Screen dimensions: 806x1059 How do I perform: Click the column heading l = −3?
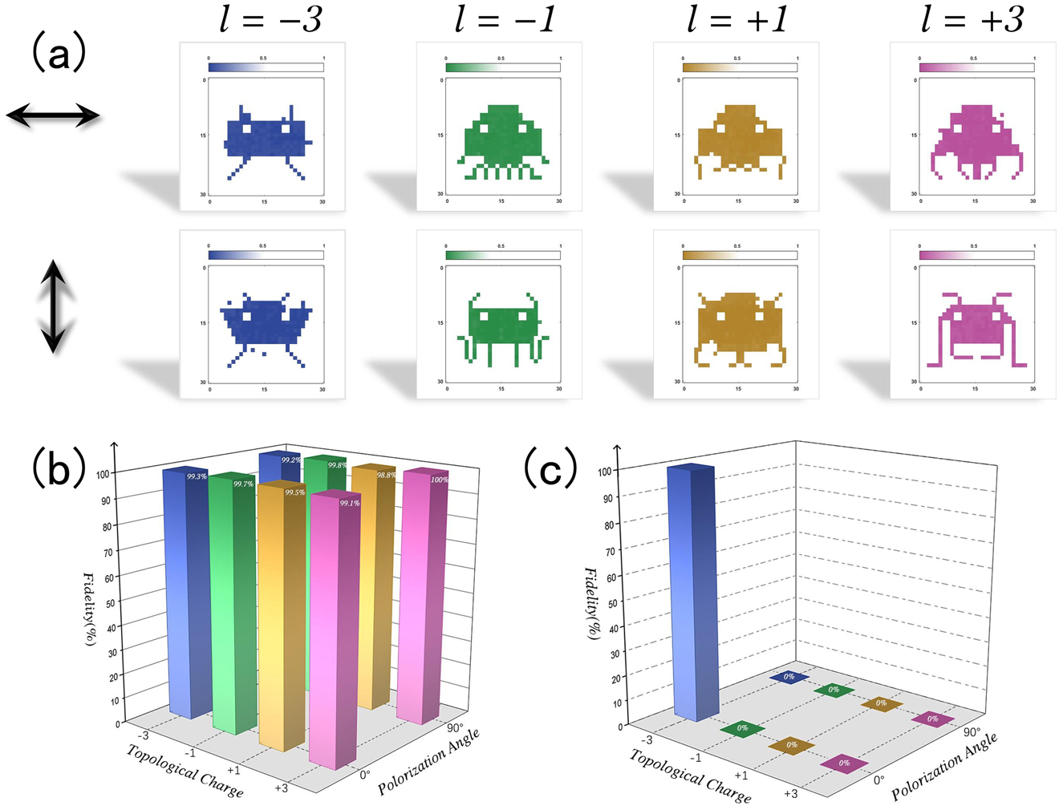coord(271,19)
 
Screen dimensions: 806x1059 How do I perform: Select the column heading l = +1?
coord(738,19)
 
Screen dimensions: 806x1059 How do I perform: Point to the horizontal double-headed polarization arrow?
coord(53,116)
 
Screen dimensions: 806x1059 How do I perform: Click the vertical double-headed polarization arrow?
coord(53,306)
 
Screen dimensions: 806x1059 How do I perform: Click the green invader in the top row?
coord(502,140)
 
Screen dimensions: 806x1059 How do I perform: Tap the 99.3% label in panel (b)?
coord(197,476)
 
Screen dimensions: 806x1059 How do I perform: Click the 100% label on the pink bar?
coord(440,480)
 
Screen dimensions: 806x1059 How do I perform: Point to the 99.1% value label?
coord(350,503)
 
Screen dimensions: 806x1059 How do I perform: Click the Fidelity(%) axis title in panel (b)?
coord(91,610)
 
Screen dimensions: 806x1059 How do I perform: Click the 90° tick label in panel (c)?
coord(972,732)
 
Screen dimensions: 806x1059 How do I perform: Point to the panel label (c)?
coord(551,468)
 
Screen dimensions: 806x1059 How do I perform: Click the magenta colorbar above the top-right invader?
coord(976,68)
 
